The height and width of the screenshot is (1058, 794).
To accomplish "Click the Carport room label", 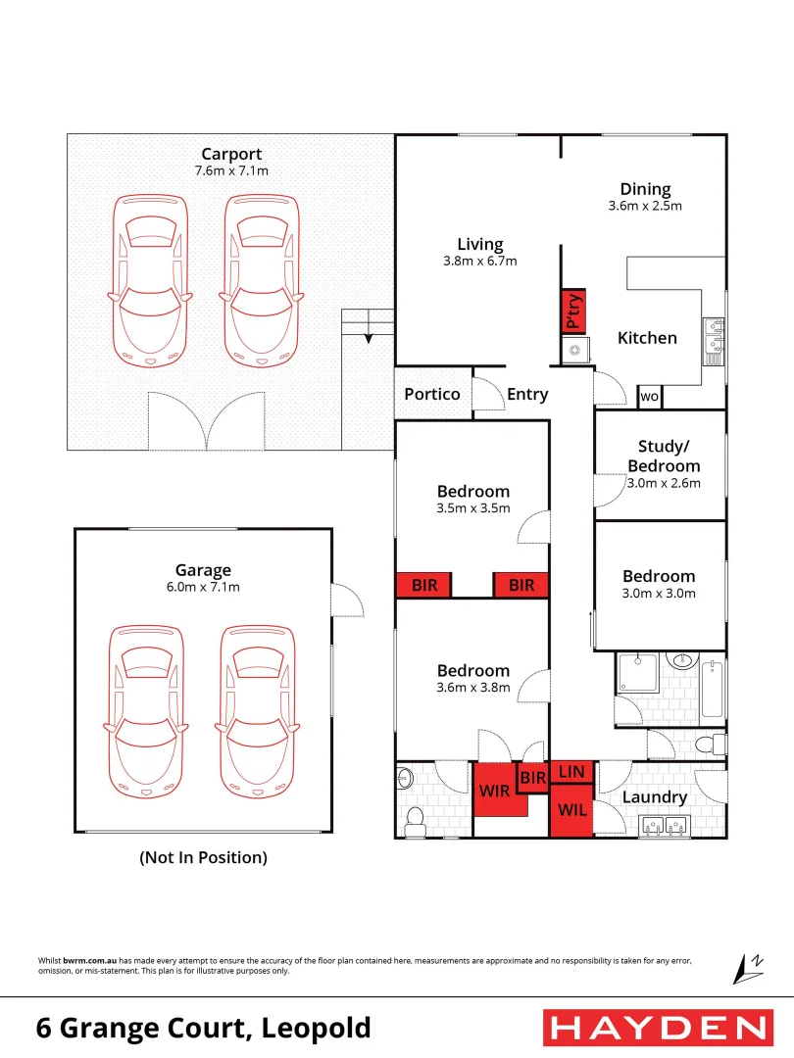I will coord(231,154).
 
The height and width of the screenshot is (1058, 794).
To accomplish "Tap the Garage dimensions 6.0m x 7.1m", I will coord(203,588).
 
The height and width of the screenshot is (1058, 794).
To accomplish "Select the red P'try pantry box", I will coord(572,312).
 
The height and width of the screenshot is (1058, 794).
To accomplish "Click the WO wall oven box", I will coord(649,397).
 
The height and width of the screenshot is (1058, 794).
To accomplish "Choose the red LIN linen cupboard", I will coord(571,772).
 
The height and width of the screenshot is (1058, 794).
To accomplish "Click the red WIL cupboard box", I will coord(571,811).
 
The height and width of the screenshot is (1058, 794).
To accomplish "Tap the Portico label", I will coord(432,394).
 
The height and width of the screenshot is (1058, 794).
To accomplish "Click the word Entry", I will coord(527,394).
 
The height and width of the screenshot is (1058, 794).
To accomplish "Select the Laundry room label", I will coord(655,797).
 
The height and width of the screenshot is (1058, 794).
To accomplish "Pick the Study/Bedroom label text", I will coord(664,457).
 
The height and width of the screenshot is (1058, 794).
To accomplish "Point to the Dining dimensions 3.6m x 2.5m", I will coord(645,207).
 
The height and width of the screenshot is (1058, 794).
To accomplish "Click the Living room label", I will coord(480,244).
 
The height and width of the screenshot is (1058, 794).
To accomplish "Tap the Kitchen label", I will coord(647,338).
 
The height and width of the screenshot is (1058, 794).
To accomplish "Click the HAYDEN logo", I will coord(657,1028).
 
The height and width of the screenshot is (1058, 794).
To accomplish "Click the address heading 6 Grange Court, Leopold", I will coord(204,1028).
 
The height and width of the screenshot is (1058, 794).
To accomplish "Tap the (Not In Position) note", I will coord(203,857).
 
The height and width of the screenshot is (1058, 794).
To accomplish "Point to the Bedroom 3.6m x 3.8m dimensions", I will coord(473,688).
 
